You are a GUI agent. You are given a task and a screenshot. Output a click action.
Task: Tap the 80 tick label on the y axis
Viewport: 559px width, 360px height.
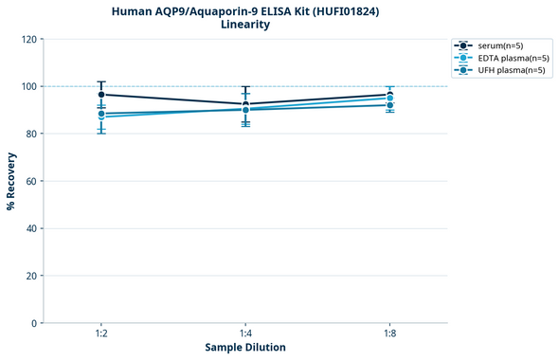[30, 134]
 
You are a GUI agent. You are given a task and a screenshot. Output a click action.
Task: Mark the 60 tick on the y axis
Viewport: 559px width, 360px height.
[30, 181]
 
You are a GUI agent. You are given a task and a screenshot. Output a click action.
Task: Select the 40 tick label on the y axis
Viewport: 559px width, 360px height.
[30, 228]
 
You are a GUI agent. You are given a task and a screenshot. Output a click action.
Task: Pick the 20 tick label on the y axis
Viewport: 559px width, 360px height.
[30, 276]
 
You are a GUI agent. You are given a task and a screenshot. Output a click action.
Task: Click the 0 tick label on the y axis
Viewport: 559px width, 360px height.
[33, 323]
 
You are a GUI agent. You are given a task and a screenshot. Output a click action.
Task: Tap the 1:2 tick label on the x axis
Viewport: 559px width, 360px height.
[101, 334]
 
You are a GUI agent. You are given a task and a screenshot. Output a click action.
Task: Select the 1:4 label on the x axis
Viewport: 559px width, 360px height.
[245, 334]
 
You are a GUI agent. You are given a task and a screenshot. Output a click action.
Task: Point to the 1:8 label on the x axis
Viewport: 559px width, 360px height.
[389, 334]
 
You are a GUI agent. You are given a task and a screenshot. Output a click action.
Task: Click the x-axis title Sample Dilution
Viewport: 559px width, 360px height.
[245, 348]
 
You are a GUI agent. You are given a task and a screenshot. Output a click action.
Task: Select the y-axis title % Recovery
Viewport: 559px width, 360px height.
[11, 181]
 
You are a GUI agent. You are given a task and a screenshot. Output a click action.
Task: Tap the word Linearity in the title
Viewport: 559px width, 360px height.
[244, 25]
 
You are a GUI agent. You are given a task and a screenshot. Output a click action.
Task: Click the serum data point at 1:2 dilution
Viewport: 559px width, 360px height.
[101, 95]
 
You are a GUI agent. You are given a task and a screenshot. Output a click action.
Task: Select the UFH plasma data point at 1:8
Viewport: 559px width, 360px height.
[389, 105]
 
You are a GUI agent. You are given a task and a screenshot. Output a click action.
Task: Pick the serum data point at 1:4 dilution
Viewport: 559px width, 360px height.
[245, 104]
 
